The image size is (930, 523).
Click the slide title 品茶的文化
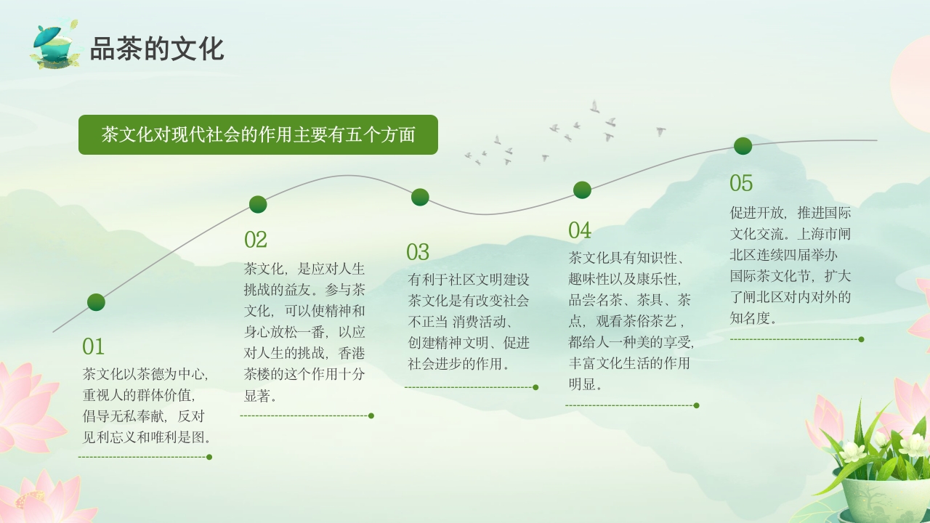click(x=156, y=49)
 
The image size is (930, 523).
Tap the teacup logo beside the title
click(x=55, y=46)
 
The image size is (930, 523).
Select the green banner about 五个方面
click(x=258, y=135)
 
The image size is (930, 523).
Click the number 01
click(x=93, y=346)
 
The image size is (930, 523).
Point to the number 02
click(x=256, y=240)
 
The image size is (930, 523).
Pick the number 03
click(x=418, y=252)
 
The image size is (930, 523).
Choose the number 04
click(x=580, y=230)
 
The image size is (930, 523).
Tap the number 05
click(x=741, y=182)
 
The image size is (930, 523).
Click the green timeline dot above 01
click(x=96, y=302)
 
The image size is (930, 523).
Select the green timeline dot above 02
click(x=258, y=204)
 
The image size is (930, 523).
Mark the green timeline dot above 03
click(x=420, y=197)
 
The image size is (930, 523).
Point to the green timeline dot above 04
click(x=582, y=190)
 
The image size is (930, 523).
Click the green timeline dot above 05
click(x=743, y=146)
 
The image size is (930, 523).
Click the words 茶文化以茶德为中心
click(x=145, y=375)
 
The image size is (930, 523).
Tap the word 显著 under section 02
click(x=259, y=396)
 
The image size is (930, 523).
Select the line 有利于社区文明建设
click(x=469, y=280)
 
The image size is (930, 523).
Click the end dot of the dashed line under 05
click(x=861, y=339)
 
